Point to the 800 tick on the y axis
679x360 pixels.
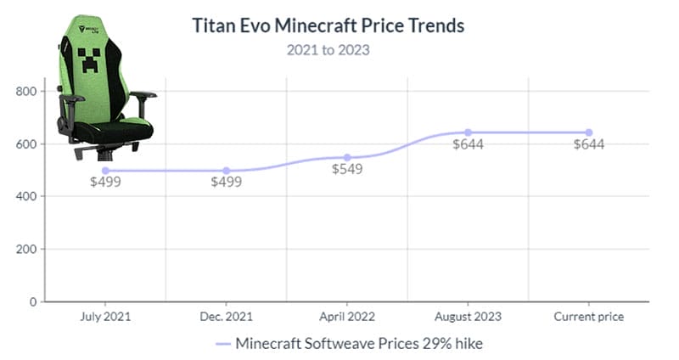point(26,91)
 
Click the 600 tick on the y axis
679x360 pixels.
point(26,143)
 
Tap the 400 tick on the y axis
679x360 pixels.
point(26,196)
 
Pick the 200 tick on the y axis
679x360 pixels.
point(26,249)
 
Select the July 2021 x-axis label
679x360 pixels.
point(105,317)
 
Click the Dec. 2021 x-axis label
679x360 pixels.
point(226,317)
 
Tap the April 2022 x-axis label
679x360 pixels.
point(347,317)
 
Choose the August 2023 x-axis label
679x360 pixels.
point(468,317)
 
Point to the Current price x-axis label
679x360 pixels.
point(589,317)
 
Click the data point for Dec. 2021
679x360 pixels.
point(226,171)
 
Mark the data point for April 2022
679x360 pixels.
point(347,158)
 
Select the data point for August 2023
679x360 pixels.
point(468,132)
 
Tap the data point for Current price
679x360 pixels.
point(589,132)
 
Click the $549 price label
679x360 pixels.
point(347,169)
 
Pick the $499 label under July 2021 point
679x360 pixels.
point(105,182)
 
